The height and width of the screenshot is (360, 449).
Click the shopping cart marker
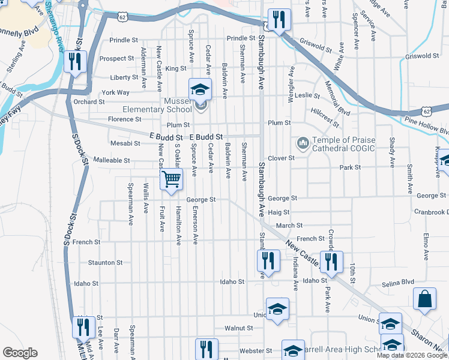(x=172, y=179)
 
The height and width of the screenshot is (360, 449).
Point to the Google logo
(x=20, y=353)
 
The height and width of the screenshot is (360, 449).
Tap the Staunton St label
(x=105, y=262)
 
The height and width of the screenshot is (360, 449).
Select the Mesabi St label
(x=125, y=143)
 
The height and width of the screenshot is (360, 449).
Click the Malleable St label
(x=112, y=160)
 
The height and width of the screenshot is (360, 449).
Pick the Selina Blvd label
(x=399, y=281)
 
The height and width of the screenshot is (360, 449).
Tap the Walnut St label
(x=238, y=328)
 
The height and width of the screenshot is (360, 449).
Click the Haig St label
(x=279, y=212)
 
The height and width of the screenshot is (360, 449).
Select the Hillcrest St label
(x=325, y=114)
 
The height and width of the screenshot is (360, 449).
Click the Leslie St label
(x=307, y=95)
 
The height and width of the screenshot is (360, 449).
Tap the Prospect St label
(x=116, y=59)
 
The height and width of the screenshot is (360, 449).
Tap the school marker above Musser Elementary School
(x=200, y=90)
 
